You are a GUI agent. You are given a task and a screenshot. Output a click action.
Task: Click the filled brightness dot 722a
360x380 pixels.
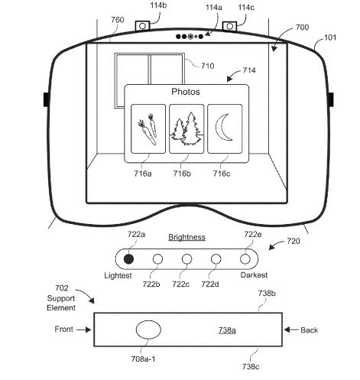128,259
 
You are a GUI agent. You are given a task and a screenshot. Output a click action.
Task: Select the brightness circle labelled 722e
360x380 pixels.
245,259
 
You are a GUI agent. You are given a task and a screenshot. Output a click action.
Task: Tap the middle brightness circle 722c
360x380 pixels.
186,259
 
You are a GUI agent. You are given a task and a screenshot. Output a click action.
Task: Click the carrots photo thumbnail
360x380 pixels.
148,128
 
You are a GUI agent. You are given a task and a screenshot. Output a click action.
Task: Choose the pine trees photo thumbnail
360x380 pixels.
186,128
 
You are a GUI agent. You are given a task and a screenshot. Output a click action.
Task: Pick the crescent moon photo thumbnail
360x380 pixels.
225,128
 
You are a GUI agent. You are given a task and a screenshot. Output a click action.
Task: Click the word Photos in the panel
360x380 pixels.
186,92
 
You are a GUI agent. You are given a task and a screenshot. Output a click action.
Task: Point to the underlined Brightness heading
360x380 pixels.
186,237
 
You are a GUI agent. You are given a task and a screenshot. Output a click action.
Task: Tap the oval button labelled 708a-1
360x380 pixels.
148,330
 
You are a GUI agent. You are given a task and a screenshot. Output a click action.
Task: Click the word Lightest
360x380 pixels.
118,275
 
